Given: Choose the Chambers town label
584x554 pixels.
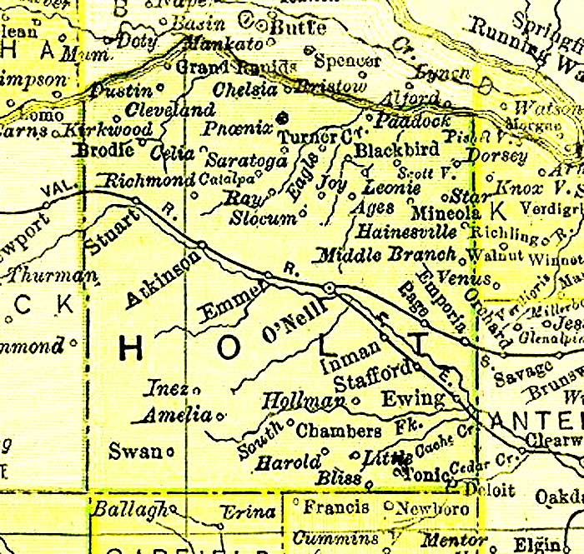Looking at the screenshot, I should pos(340,432).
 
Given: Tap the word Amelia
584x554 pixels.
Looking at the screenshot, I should pos(178,414).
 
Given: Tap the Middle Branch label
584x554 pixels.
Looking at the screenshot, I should pos(388,255).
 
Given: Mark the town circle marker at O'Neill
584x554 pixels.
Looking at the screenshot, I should pos(330,288).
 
